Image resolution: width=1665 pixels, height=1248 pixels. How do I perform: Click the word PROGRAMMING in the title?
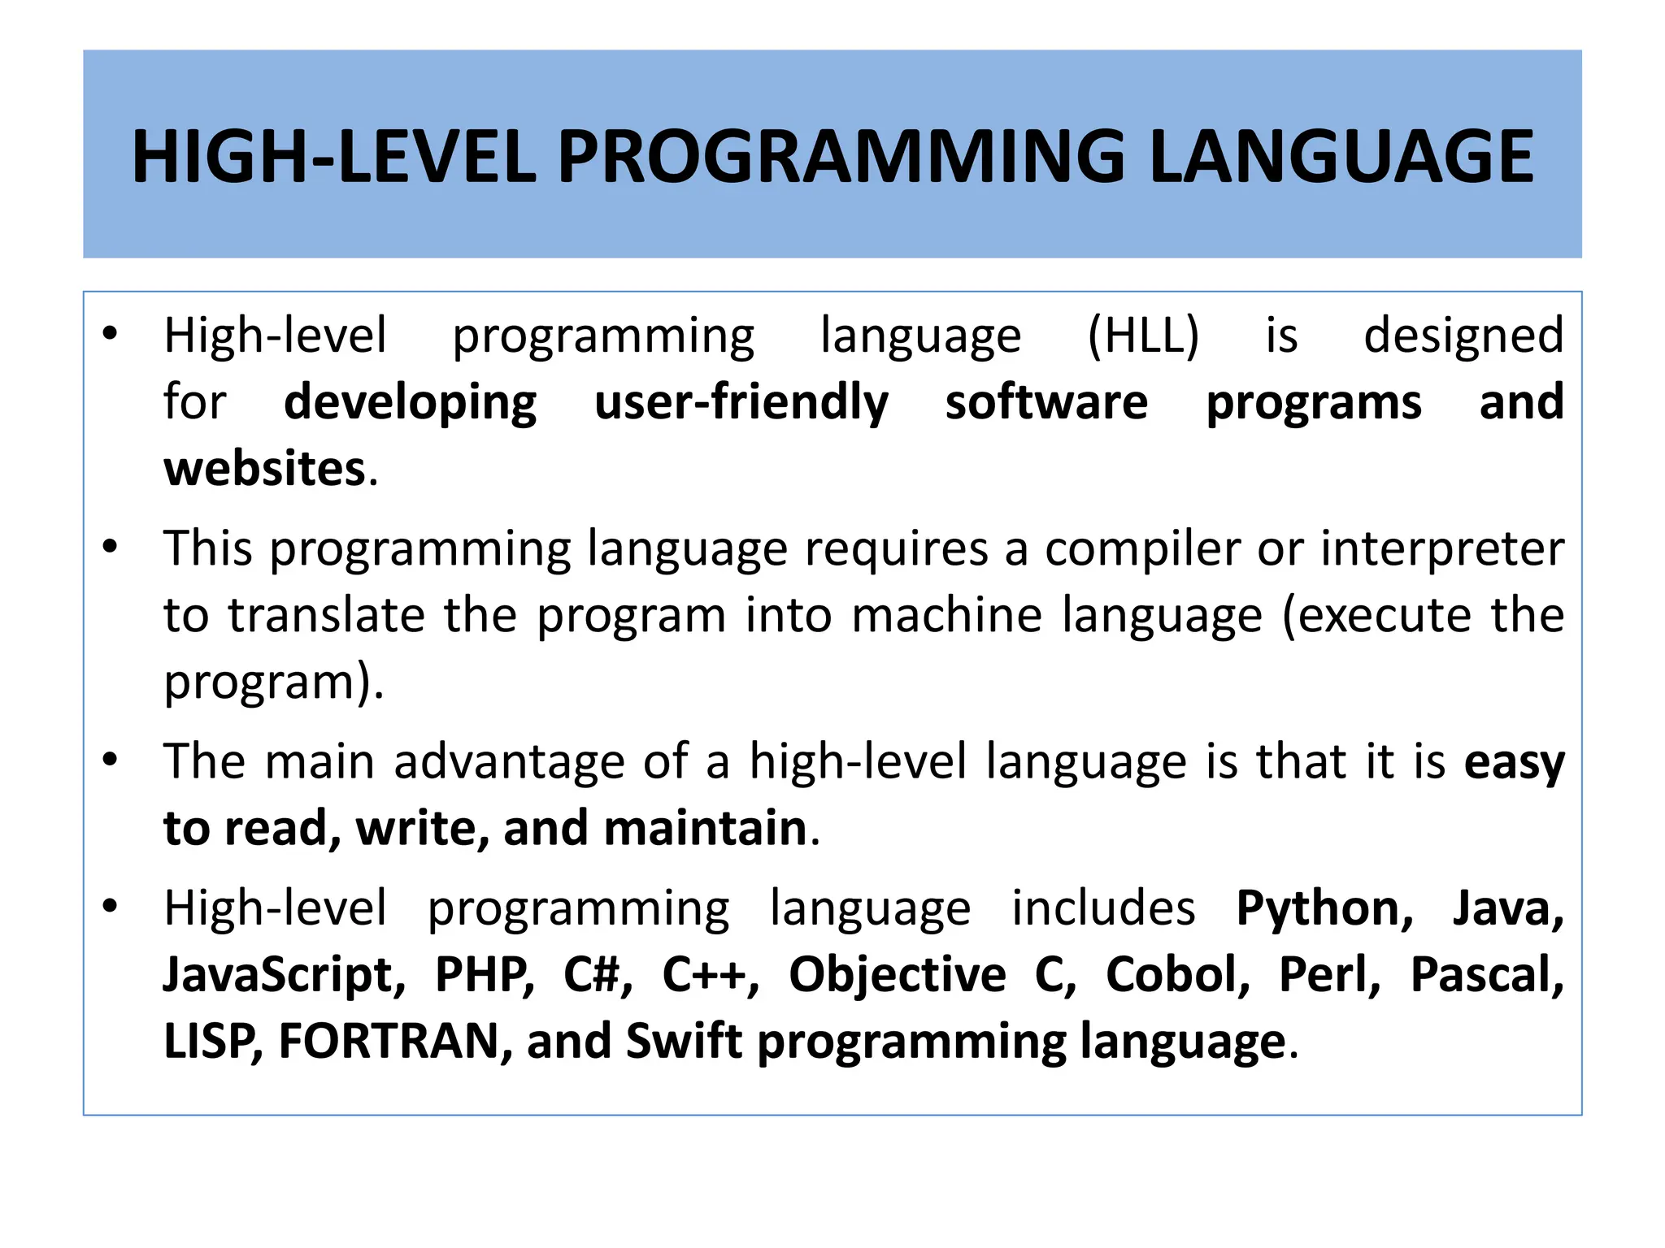(841, 156)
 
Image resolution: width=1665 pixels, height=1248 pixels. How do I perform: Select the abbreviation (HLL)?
(1143, 336)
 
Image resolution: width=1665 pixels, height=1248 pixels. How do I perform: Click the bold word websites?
(265, 469)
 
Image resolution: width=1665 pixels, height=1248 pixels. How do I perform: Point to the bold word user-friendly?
(741, 402)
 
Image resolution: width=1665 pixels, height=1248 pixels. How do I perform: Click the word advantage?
(509, 762)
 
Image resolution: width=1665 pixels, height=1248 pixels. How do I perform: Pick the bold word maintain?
(705, 829)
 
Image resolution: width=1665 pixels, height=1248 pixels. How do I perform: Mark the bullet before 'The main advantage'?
(111, 760)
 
